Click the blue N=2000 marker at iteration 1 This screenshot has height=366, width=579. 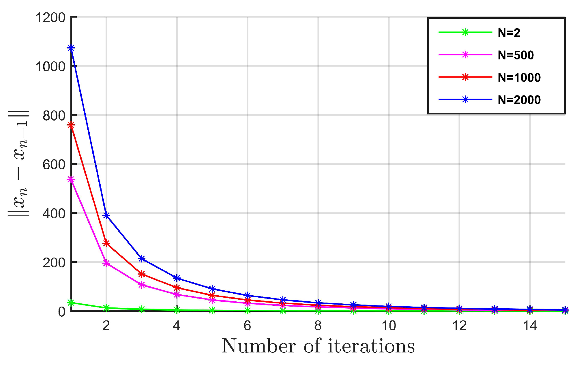71,48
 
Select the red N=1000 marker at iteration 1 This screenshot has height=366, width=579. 71,125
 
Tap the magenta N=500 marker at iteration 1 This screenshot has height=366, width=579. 71,180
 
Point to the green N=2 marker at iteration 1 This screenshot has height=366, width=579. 71,303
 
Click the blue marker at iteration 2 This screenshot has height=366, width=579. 106,215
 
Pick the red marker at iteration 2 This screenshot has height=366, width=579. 106,243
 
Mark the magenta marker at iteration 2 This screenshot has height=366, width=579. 106,263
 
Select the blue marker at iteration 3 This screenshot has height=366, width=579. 142,259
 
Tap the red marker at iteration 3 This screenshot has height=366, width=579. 142,274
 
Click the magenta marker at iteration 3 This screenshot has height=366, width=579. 142,285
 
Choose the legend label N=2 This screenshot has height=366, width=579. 509,33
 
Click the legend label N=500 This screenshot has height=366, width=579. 516,55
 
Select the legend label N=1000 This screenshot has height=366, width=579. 519,78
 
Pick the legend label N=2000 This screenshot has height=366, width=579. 519,100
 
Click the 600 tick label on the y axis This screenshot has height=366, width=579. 54,165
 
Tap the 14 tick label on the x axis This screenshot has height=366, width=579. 530,326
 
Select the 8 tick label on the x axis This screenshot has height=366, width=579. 318,326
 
